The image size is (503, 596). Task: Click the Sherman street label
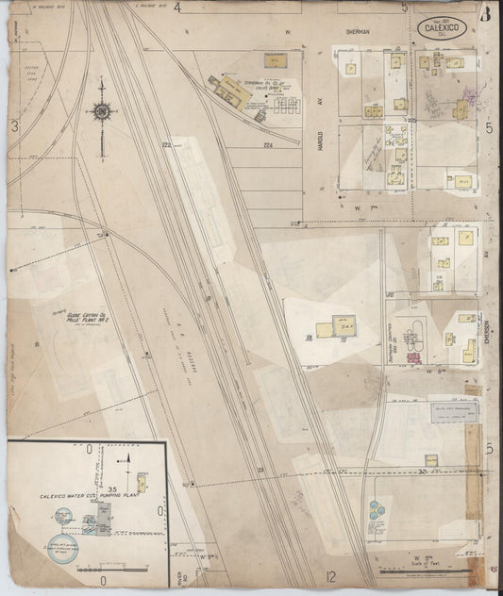[358, 31]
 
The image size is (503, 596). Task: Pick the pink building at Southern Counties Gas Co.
[413, 356]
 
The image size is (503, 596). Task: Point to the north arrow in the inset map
[126, 460]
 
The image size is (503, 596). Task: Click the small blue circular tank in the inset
[61, 514]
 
